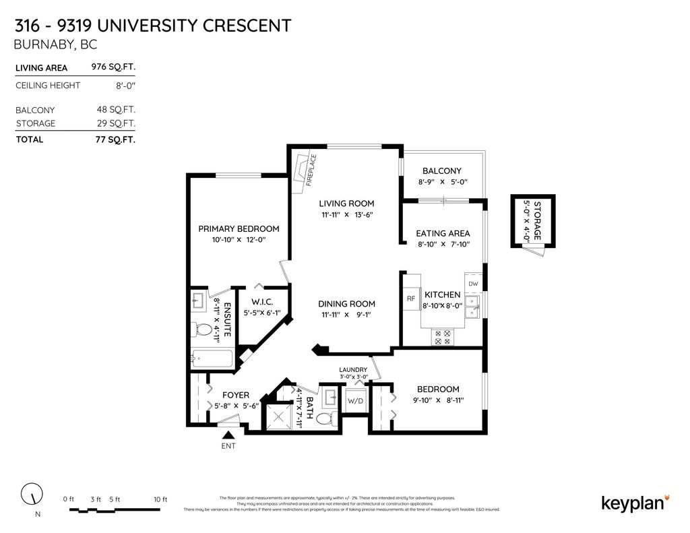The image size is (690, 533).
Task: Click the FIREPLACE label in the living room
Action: [x=311, y=170]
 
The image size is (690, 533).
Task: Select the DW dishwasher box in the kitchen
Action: [x=473, y=284]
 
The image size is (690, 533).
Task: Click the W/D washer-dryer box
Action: [x=355, y=400]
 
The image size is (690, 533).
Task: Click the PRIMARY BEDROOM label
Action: [x=239, y=228]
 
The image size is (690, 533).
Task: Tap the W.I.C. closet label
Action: [x=261, y=301]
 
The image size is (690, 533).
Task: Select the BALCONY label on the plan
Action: [x=441, y=171]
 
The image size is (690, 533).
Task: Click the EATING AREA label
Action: [x=443, y=233]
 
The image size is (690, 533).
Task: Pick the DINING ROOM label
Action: [x=346, y=304]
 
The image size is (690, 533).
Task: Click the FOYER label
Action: [x=231, y=395]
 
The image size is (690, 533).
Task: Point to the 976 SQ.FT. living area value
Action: [x=113, y=67]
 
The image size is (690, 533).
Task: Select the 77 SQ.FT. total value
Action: [x=115, y=139]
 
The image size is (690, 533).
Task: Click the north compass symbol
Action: [x=30, y=495]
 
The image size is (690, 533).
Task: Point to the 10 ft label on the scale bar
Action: [x=160, y=499]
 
